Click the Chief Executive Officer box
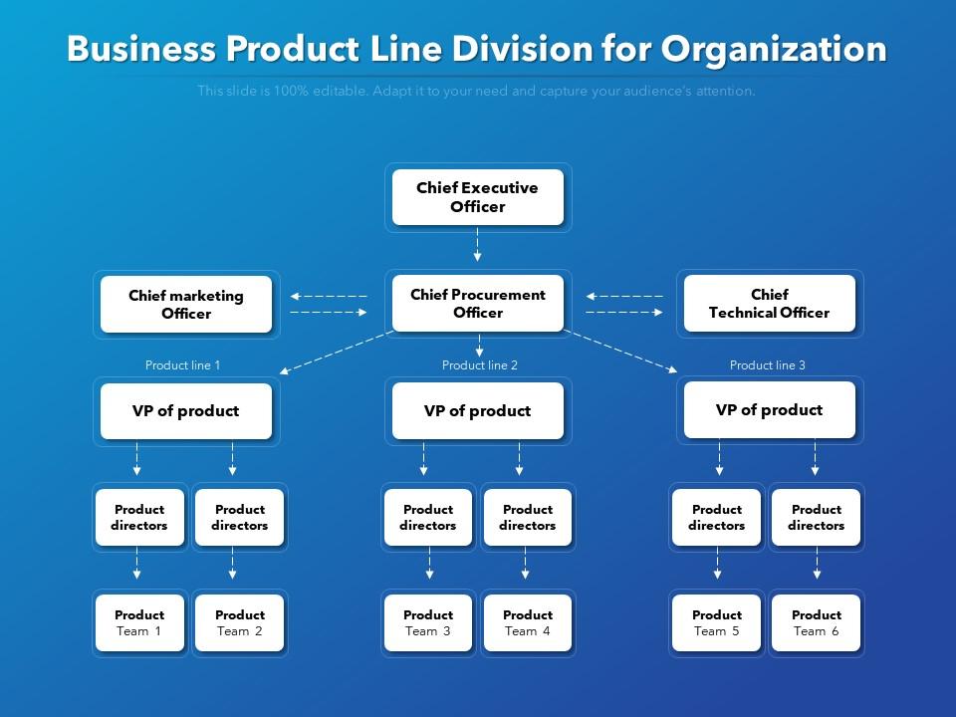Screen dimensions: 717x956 point(478,197)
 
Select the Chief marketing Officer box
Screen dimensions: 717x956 point(186,304)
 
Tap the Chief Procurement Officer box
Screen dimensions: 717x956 point(478,304)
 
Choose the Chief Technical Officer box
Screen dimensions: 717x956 point(769,304)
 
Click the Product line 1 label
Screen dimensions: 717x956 point(182,365)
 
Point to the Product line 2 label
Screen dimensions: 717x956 point(480,365)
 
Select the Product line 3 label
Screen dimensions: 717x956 point(768,365)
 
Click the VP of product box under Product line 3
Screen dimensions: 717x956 point(769,410)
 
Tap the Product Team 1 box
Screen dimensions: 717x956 point(139,622)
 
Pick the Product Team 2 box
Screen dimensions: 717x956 point(240,622)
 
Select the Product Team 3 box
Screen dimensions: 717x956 point(428,622)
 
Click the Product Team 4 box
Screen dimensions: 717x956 point(528,622)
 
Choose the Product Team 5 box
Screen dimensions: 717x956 point(717,622)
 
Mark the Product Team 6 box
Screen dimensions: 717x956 point(817,622)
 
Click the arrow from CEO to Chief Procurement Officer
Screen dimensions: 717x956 point(478,245)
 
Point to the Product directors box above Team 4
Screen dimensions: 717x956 point(528,517)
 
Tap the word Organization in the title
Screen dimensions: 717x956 point(774,49)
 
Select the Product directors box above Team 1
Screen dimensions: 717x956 point(139,517)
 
